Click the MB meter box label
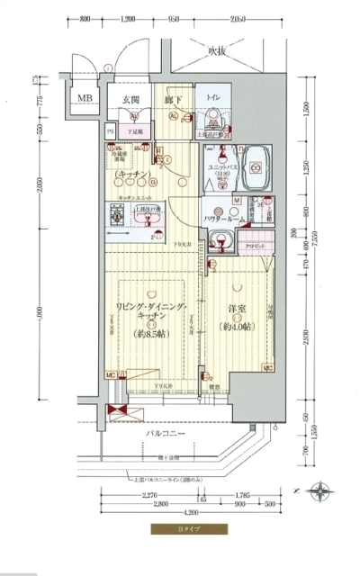coord(85,98)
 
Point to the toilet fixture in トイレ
coord(212,116)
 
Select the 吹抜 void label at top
coord(219,50)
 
